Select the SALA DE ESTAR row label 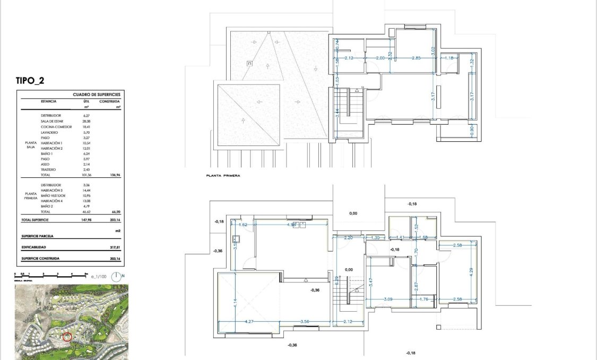tap(51, 121)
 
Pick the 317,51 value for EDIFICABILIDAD tap(114, 247)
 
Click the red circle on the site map tap(67, 336)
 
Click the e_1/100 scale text tap(99, 276)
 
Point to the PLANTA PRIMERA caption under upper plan tap(222, 174)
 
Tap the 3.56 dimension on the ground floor tap(305, 321)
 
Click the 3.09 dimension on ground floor tap(389, 299)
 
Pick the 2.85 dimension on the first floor tap(416, 58)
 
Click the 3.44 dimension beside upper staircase tap(337, 113)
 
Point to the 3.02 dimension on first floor tap(434, 51)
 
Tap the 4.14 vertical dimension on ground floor tap(235, 304)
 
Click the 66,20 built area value tap(114, 211)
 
